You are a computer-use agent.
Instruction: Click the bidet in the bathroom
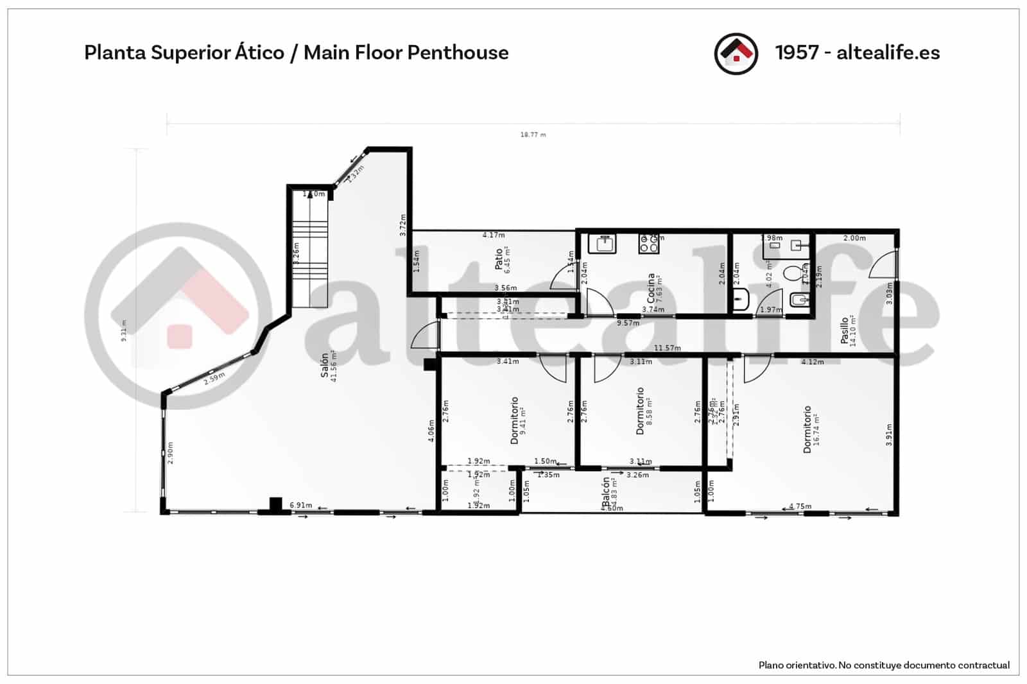tap(798, 300)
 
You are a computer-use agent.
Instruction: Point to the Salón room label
tap(325, 364)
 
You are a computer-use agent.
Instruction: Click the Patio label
tap(499, 259)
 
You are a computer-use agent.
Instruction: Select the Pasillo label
tap(845, 330)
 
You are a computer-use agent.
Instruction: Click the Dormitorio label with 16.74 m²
tap(807, 429)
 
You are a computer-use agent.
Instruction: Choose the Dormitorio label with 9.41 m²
tap(514, 420)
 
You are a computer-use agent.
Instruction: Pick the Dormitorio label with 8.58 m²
tap(640, 411)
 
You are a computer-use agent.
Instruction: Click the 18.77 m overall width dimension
tap(533, 135)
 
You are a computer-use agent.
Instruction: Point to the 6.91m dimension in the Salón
tap(300, 506)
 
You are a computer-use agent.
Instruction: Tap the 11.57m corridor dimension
tap(667, 348)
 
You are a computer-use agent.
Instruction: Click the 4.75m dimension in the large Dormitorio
tap(800, 506)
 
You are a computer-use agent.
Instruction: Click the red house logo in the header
tap(736, 53)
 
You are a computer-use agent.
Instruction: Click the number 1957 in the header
tap(797, 53)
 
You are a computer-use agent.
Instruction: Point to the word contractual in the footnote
tap(983, 665)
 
